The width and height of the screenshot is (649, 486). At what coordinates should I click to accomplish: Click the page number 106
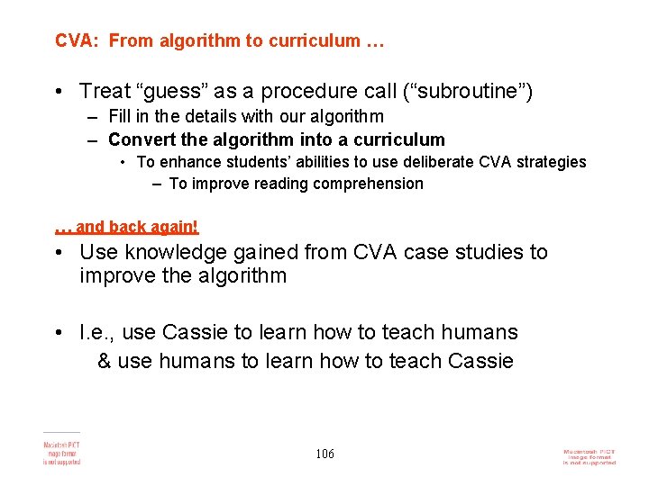click(324, 454)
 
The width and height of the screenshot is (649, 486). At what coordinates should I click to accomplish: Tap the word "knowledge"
click(169, 253)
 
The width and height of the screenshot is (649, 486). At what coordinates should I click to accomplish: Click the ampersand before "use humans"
click(104, 361)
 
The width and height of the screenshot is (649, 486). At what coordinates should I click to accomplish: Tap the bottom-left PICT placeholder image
click(61, 449)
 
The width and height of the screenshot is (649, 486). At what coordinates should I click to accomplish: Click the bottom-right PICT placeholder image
click(589, 456)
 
